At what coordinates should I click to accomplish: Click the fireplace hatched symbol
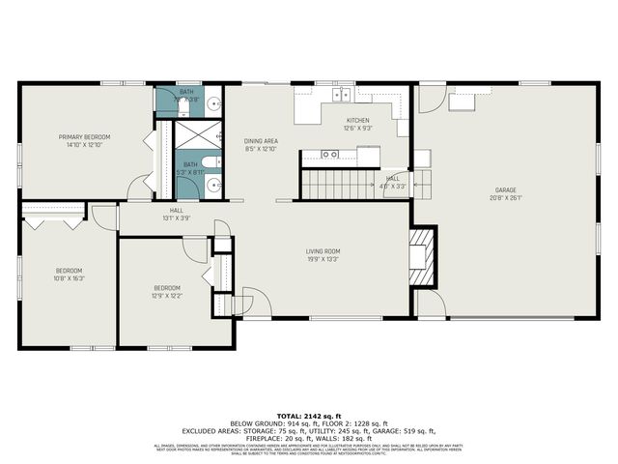point(421,257)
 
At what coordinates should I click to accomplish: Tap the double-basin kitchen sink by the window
point(343,94)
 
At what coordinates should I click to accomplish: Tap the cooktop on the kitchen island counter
point(331,154)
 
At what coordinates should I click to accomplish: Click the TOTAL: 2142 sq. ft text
point(309,414)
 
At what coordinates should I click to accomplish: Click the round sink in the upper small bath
point(215,101)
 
